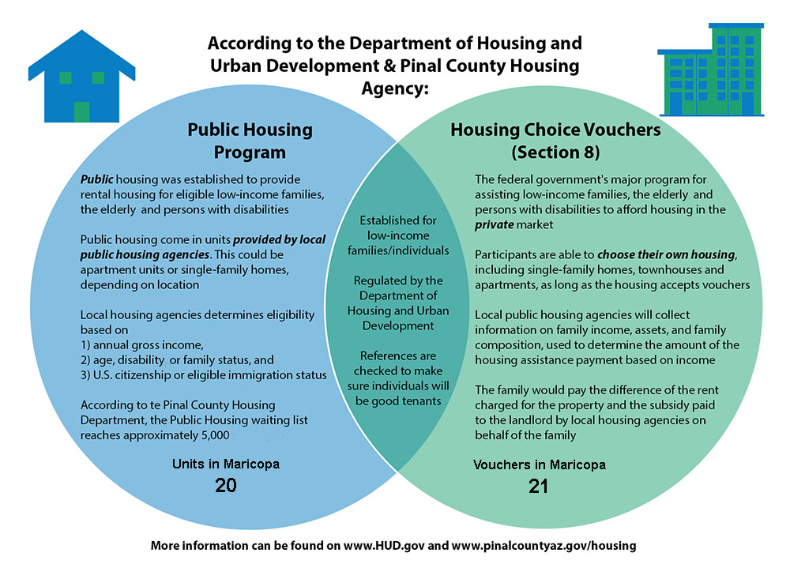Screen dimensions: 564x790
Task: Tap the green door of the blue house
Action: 81,111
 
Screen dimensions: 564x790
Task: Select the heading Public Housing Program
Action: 250,140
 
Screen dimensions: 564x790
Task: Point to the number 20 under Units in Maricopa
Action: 226,485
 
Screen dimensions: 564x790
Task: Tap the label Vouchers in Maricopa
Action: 539,464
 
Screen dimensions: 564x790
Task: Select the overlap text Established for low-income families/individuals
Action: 403,235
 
